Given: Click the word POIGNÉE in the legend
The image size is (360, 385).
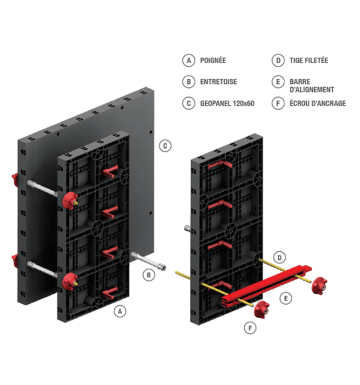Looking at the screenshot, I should [213, 60].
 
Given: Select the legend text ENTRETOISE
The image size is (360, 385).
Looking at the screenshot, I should [218, 82].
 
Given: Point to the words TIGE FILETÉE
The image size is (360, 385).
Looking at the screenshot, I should [309, 60].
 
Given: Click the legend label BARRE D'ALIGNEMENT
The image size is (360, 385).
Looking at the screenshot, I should [312, 86].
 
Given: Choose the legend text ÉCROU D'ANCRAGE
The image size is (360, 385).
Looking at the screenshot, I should [318, 103].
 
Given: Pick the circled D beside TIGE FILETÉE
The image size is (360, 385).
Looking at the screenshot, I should [277, 60].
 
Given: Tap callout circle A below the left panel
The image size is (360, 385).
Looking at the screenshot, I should [119, 311].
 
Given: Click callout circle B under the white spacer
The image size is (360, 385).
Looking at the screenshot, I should [149, 275].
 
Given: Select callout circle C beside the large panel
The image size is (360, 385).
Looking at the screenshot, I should [165, 146].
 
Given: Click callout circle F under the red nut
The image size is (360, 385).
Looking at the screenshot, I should [250, 328].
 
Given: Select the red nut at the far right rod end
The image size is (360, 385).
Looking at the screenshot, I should [320, 284].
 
